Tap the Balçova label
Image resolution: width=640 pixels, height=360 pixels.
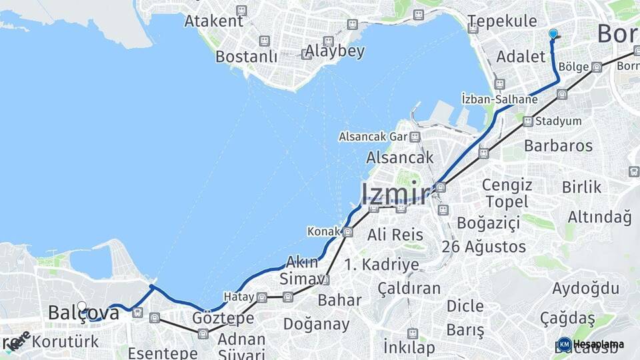(83, 313)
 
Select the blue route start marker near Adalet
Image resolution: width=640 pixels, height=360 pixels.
(553, 34)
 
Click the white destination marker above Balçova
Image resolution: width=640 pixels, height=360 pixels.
(82, 307)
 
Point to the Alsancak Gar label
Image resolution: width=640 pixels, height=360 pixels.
(373, 137)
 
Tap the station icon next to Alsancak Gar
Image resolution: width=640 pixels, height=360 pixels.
(415, 137)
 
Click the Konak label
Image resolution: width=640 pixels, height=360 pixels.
(323, 231)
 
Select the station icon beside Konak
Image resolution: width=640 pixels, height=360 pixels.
(347, 232)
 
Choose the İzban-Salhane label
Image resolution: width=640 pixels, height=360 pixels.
(499, 99)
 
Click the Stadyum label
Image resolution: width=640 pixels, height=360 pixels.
(559, 121)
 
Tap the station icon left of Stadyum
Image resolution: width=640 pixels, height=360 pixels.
(527, 121)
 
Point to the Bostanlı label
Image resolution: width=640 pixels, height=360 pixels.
(246, 57)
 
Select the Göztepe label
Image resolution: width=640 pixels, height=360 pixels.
(223, 318)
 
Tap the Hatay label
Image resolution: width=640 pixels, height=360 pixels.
(239, 297)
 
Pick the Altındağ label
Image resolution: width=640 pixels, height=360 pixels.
(599, 217)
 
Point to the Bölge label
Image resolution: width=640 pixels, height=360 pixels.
(573, 67)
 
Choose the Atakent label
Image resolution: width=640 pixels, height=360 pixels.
(214, 21)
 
